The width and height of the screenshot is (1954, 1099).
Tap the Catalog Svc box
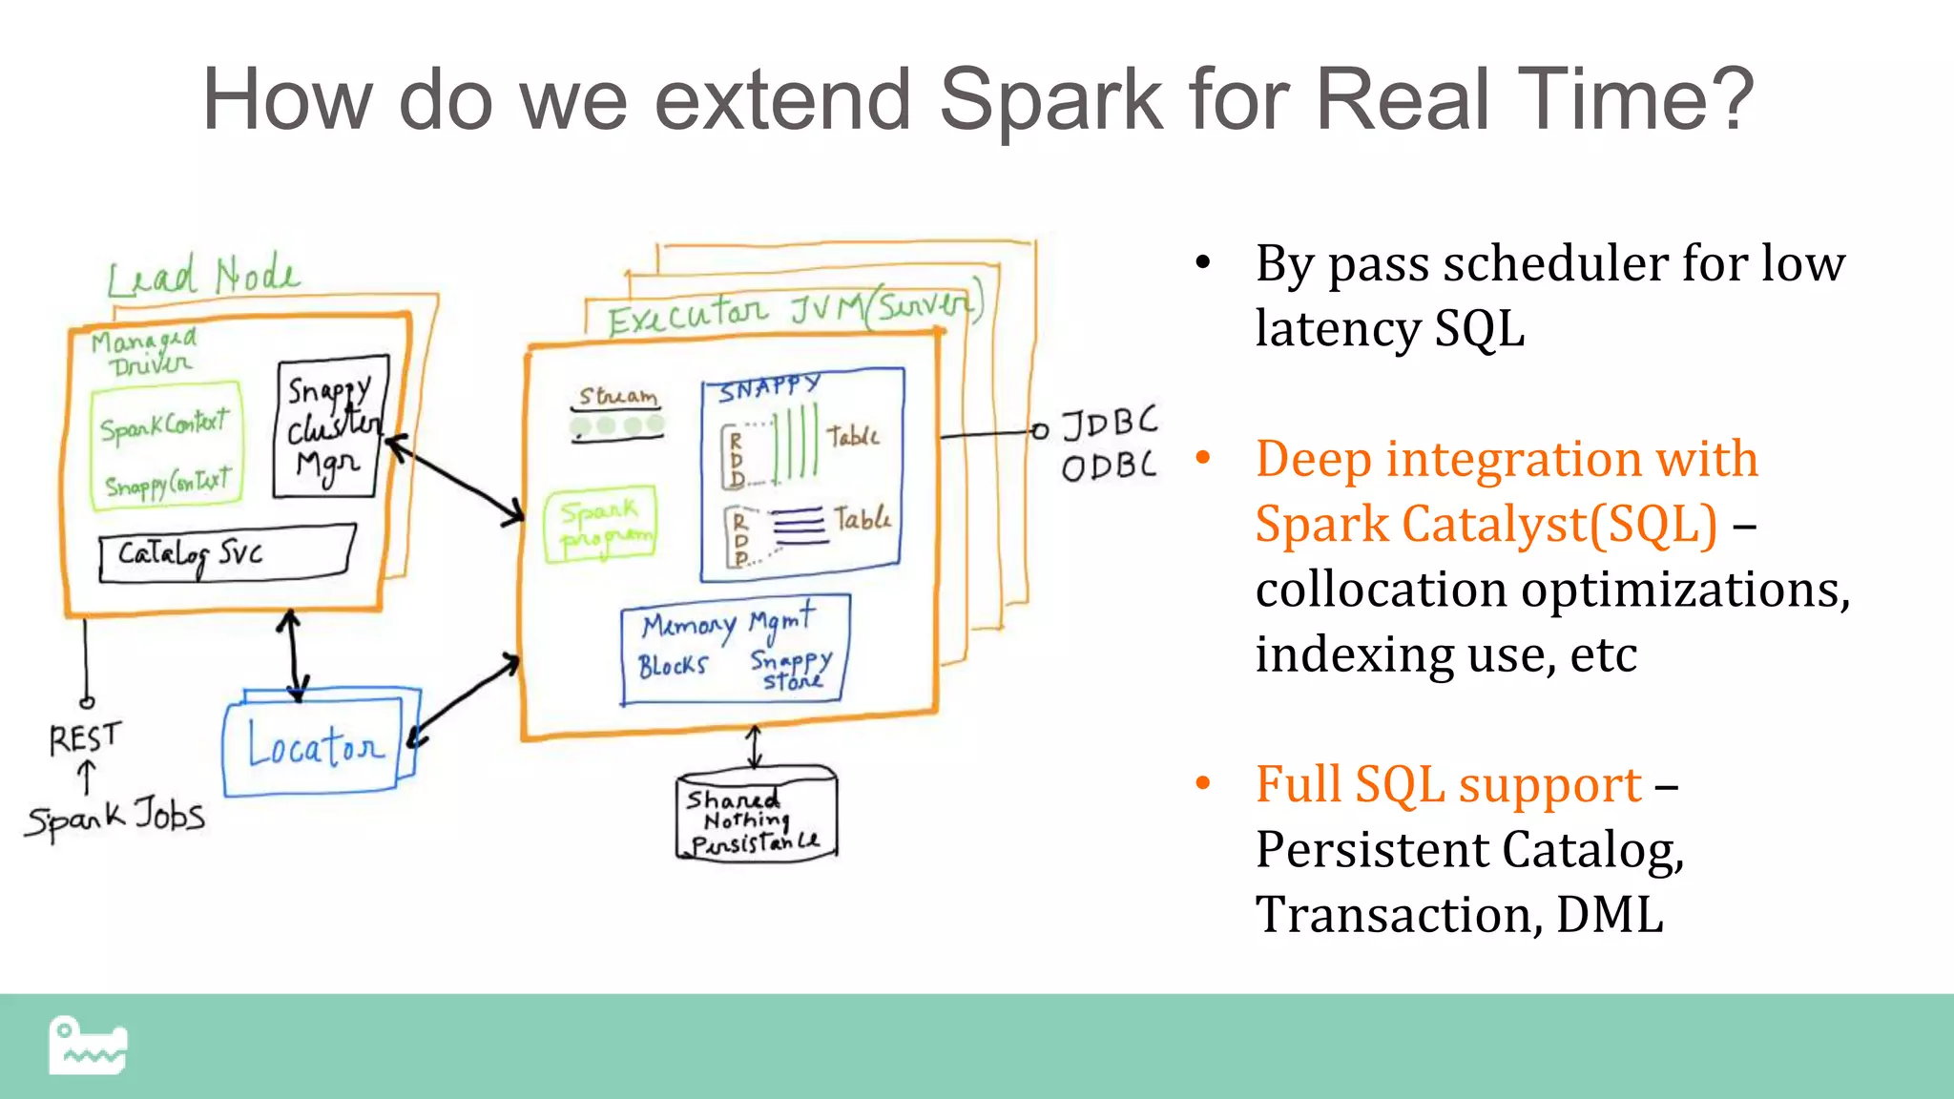tap(227, 553)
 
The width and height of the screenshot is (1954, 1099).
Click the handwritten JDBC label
tap(1110, 423)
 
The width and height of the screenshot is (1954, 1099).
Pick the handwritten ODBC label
tap(1109, 467)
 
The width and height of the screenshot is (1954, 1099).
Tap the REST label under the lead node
tap(85, 737)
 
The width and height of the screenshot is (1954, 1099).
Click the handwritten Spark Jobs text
tap(115, 819)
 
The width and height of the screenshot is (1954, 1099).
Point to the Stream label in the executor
tap(618, 396)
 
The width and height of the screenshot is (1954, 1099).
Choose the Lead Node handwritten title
tap(202, 276)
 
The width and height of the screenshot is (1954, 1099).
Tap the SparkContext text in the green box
tap(165, 425)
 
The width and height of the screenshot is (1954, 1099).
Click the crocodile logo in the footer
tap(88, 1046)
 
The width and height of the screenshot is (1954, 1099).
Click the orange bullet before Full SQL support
tap(1203, 784)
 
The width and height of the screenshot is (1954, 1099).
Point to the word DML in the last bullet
tap(1610, 914)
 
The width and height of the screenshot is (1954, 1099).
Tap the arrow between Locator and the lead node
tap(292, 655)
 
